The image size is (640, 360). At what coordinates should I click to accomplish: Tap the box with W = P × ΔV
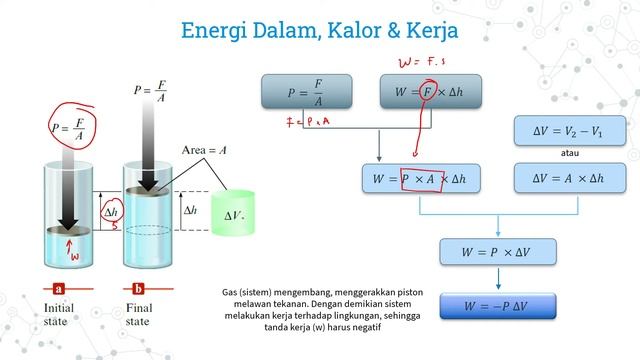[498, 253]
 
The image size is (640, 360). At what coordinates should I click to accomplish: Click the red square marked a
[59, 288]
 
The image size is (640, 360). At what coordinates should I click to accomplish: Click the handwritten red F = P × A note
[306, 124]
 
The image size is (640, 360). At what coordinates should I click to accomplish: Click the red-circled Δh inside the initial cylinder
[111, 213]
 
